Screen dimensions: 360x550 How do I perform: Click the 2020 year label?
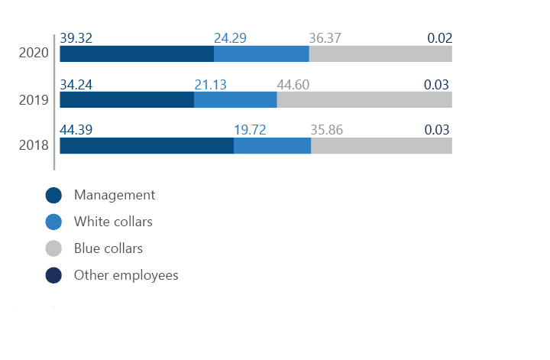34,53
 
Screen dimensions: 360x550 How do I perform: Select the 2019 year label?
34,99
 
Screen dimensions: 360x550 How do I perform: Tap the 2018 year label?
34,145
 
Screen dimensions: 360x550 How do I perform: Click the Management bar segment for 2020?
137,54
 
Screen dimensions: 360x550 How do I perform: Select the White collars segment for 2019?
235,99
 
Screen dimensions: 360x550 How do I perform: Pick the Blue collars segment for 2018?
380,146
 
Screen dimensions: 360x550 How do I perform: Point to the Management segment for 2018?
147,146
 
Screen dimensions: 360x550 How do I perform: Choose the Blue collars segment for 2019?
364,99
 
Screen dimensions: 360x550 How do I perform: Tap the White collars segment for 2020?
261,54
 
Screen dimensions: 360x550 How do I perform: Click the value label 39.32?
76,38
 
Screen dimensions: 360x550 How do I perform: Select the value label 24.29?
230,38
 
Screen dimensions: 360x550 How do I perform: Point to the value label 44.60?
293,85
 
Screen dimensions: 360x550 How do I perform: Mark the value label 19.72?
250,131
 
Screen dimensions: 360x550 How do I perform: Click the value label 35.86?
327,131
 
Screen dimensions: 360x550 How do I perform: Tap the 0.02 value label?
439,38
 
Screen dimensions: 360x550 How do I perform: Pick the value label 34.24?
76,85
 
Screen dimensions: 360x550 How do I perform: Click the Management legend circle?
53,196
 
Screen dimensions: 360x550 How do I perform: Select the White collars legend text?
113,222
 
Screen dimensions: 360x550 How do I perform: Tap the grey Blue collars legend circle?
53,248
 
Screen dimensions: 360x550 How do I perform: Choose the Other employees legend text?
125,275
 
